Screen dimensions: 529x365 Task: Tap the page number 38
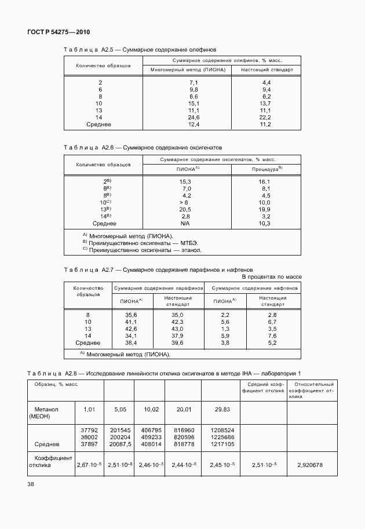(31, 484)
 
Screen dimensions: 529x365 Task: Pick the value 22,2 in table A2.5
(267, 117)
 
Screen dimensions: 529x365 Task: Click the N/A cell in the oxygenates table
(185, 223)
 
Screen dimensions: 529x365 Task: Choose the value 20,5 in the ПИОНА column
(185, 209)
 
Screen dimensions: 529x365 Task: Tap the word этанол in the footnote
(191, 250)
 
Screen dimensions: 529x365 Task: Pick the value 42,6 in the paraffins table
(131, 328)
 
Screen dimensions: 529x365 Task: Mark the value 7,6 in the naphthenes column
(272, 335)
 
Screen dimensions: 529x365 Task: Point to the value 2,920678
(313, 465)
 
